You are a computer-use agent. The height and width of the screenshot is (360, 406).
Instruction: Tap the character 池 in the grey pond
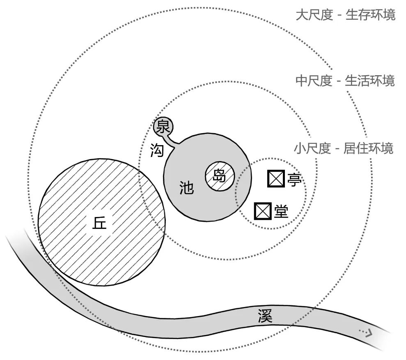[x=187, y=187]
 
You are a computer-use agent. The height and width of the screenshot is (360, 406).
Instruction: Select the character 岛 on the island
[x=220, y=176]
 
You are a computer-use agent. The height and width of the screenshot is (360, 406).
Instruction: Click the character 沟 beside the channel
[x=157, y=151]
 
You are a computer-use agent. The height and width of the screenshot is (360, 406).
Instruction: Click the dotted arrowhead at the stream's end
[x=367, y=332]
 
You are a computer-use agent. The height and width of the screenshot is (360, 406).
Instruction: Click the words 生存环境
[x=370, y=15]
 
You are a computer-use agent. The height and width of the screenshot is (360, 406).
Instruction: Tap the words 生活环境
[x=370, y=81]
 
